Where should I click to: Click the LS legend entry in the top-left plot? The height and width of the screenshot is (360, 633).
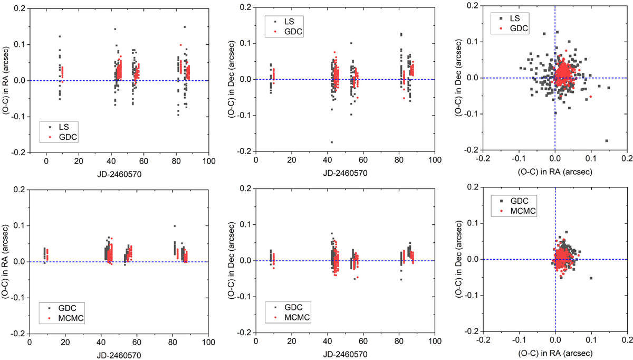pyautogui.click(x=60, y=127)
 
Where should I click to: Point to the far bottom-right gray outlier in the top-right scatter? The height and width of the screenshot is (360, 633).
pyautogui.click(x=607, y=140)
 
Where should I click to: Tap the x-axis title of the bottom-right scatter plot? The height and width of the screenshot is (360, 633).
pyautogui.click(x=554, y=354)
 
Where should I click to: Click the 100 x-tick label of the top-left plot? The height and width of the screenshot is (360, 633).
pyautogui.click(x=209, y=161)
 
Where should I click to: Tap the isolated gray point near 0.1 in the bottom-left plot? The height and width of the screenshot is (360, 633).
pyautogui.click(x=175, y=226)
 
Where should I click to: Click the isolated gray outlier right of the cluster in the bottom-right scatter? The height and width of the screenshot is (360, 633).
pyautogui.click(x=591, y=278)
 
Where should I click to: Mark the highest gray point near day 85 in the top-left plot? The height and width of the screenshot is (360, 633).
pyautogui.click(x=185, y=27)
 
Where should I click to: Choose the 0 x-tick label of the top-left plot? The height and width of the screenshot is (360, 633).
pyautogui.click(x=46, y=161)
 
